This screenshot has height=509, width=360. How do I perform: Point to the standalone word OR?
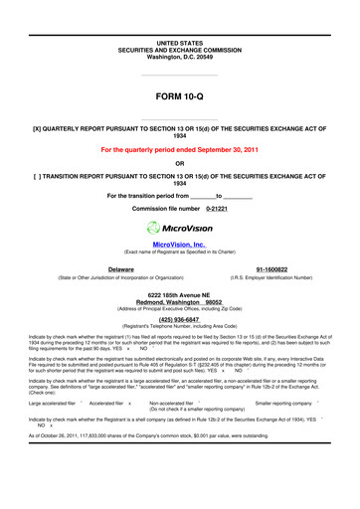[x=180, y=165]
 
